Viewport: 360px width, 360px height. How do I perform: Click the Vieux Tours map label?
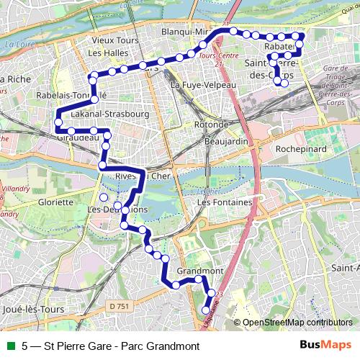coord(109,41)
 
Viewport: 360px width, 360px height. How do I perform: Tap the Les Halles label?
coord(105,53)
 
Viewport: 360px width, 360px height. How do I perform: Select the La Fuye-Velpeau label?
coord(203,85)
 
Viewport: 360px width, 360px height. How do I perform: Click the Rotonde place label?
coord(211,125)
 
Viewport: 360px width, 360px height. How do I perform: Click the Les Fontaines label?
coord(225,202)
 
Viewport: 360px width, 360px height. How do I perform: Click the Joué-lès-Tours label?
coord(33,309)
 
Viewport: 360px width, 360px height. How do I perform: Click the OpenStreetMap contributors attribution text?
coord(297,323)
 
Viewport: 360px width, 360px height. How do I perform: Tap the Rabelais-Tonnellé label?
coord(71,95)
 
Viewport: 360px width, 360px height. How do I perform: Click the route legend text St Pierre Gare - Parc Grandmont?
coord(111,346)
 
